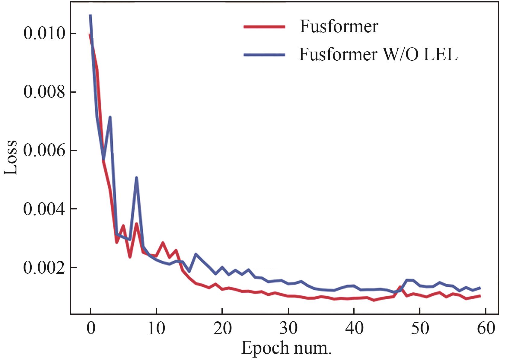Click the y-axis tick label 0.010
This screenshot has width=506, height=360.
[x=44, y=34]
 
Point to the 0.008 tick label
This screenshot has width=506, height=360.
[x=44, y=92]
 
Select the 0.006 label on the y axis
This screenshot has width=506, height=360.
[x=44, y=151]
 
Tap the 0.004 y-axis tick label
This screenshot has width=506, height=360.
[x=44, y=209]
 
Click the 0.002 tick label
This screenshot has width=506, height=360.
[x=44, y=268]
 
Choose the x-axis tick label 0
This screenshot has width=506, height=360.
[x=91, y=328]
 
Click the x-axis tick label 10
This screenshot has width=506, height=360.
[x=156, y=328]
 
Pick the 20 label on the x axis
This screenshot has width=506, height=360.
[x=222, y=328]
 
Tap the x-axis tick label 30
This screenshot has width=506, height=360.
[x=288, y=328]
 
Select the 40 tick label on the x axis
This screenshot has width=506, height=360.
[x=354, y=328]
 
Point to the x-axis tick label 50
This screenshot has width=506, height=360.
[x=420, y=328]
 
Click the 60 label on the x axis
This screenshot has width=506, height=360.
[x=486, y=328]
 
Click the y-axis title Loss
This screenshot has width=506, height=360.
[x=11, y=157]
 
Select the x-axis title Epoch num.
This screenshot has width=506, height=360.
[x=286, y=348]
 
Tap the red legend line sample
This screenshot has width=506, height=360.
[x=264, y=27]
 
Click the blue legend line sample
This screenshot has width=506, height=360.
[x=264, y=55]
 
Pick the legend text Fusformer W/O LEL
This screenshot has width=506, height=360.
[x=378, y=55]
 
